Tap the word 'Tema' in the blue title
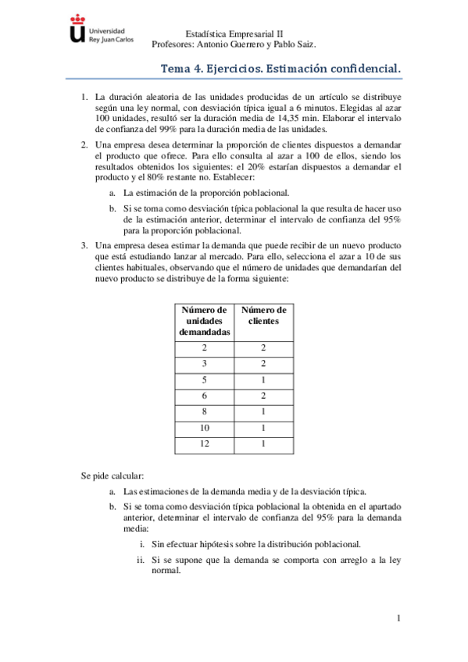pos(177,69)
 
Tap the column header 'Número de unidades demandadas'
pos(205,321)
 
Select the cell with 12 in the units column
pos(205,443)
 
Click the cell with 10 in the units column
pos(205,428)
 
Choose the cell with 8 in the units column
pos(205,411)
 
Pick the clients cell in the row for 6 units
pos(263,396)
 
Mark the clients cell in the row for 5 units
pos(263,379)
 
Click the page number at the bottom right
pos(398,619)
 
